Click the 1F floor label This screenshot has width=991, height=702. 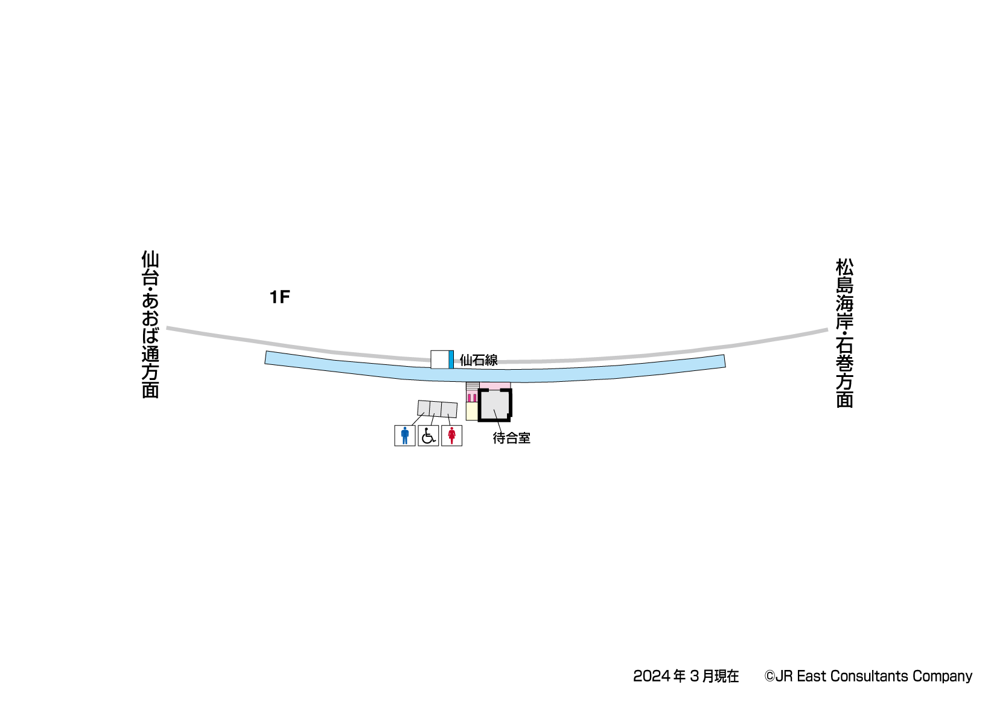click(279, 297)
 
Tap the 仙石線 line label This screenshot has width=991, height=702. click(479, 360)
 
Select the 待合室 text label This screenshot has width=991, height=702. click(511, 438)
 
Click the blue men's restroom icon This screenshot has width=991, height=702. click(405, 436)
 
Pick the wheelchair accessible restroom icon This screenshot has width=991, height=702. click(429, 436)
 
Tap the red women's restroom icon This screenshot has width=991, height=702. click(451, 436)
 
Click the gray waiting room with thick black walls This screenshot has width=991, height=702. click(495, 405)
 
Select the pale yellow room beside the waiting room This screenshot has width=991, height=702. click(471, 411)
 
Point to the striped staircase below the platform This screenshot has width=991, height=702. click(473, 387)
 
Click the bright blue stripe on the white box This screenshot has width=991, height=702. click(451, 359)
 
